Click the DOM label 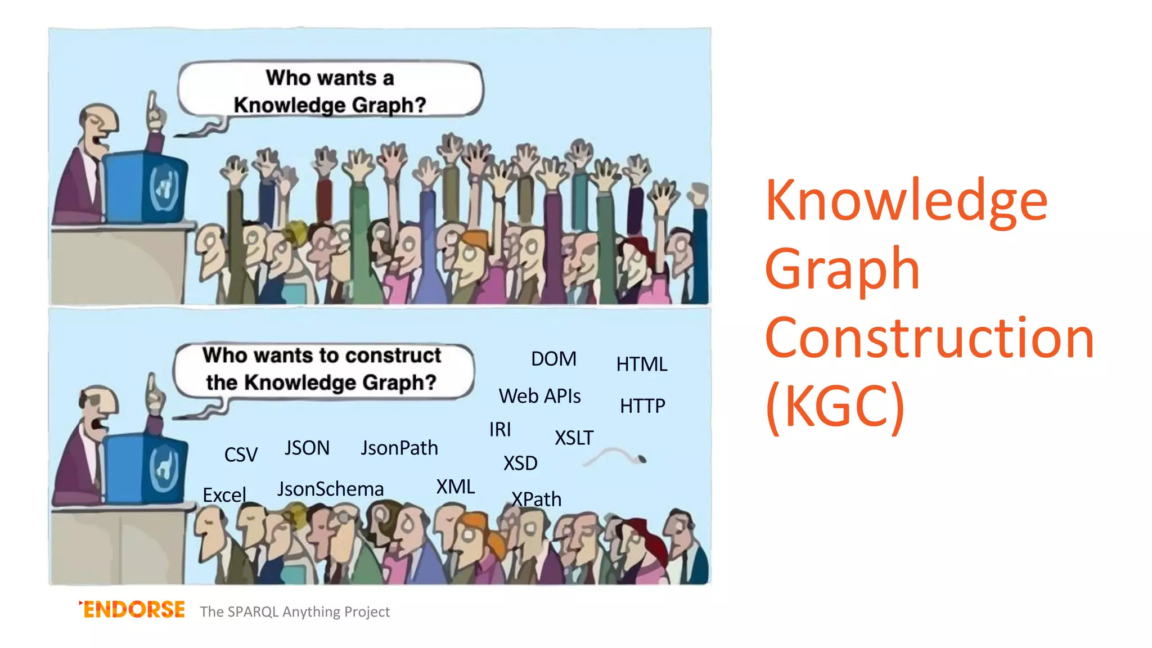click(x=553, y=359)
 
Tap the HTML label click(x=641, y=364)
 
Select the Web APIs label click(x=539, y=396)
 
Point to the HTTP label click(x=642, y=406)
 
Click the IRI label click(x=500, y=430)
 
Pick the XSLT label click(x=574, y=438)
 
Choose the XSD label click(x=520, y=463)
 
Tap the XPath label click(x=536, y=499)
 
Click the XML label click(x=456, y=487)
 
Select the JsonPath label click(x=399, y=448)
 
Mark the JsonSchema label click(x=330, y=489)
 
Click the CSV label click(x=241, y=454)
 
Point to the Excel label click(x=224, y=496)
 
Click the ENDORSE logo click(x=133, y=610)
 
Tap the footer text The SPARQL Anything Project click(x=295, y=612)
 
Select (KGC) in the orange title click(x=835, y=406)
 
